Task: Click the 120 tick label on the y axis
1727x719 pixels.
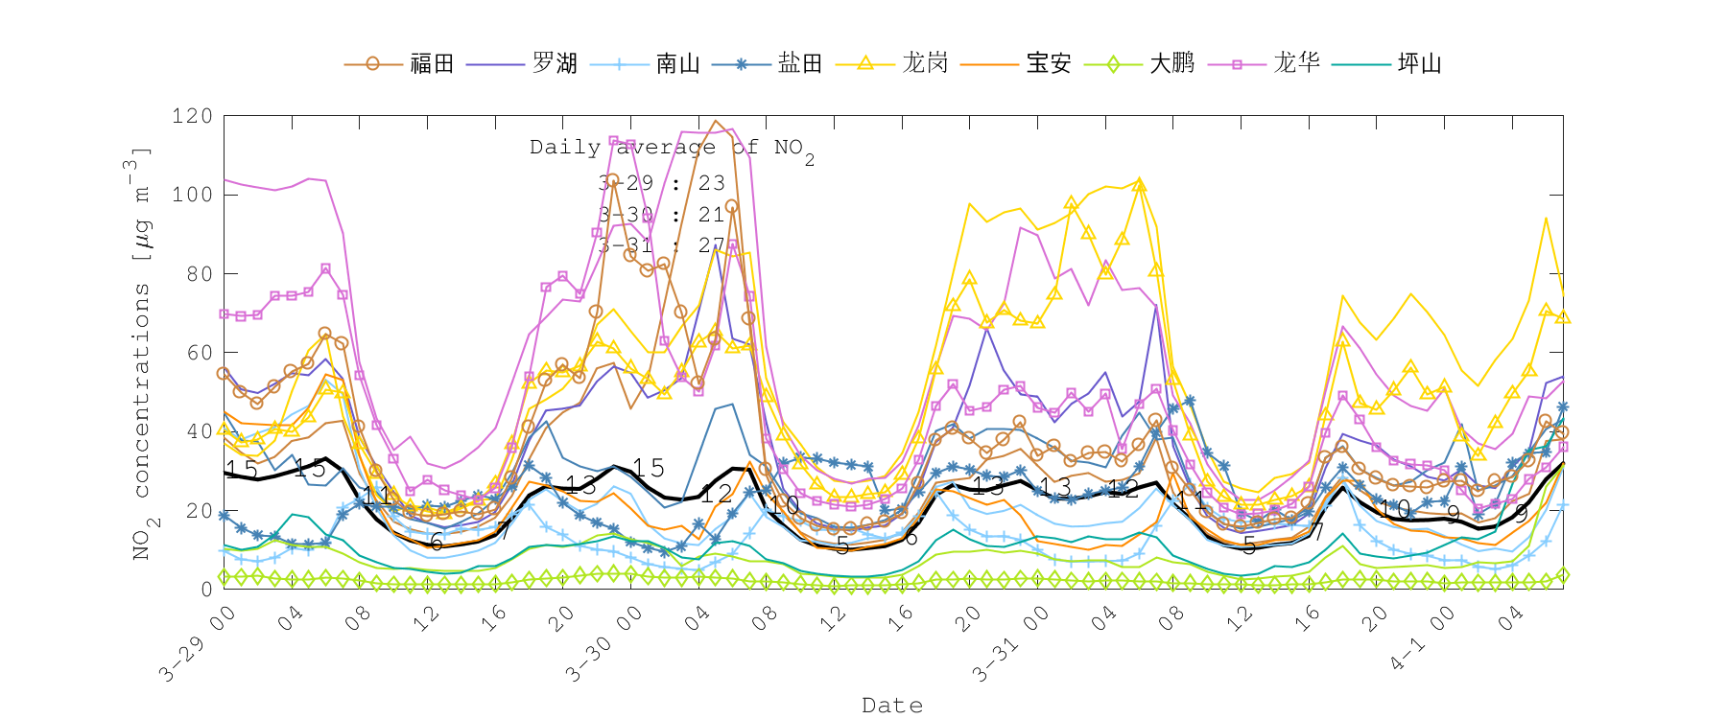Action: [192, 116]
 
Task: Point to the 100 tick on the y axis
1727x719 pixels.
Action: [192, 195]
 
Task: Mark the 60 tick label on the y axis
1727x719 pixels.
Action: [198, 353]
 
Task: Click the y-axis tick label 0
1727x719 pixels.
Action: [206, 589]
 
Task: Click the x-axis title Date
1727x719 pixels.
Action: [892, 706]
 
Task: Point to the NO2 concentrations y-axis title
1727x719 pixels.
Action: [141, 355]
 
